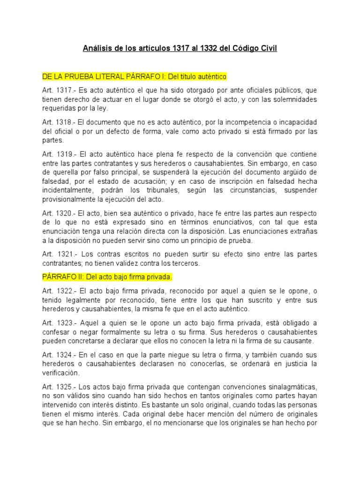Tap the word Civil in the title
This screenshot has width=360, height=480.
(x=267, y=48)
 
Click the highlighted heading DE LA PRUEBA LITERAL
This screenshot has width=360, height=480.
(x=81, y=76)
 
